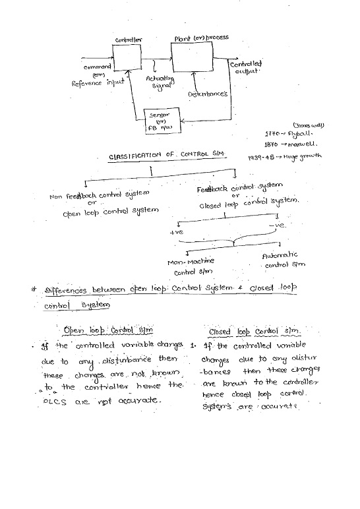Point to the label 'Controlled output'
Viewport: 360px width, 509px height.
tap(245, 67)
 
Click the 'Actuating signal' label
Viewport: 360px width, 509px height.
tap(160, 81)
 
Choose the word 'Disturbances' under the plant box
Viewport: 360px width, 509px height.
tap(207, 94)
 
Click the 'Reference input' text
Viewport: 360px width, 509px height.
tap(98, 83)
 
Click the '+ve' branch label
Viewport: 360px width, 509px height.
tap(176, 232)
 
